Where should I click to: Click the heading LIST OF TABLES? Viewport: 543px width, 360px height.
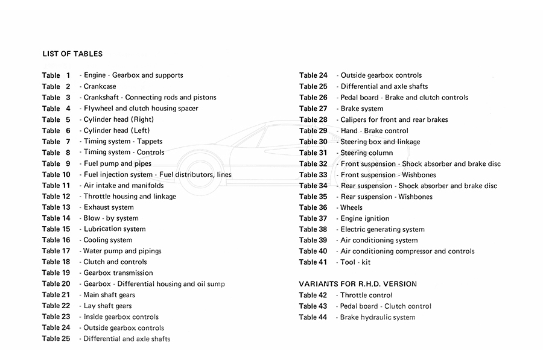72,54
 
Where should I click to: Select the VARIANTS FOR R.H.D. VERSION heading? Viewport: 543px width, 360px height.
358,283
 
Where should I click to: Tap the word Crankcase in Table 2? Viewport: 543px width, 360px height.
100,86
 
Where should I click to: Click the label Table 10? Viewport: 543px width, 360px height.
56,174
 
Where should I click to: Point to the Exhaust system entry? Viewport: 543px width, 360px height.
109,207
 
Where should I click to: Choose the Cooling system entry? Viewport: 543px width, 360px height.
108,240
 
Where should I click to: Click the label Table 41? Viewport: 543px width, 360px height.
313,262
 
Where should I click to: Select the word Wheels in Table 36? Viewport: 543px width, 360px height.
352,207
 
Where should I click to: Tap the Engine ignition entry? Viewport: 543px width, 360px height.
365,218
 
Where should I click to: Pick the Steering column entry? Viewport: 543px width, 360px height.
367,153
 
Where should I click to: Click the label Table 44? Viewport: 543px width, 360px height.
313,317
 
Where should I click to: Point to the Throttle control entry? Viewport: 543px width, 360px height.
366,295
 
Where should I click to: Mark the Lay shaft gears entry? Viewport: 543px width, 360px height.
107,306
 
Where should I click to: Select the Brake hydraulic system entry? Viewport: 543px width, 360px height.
378,317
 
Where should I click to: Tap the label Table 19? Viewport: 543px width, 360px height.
56,273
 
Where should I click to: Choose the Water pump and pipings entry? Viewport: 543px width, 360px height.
122,251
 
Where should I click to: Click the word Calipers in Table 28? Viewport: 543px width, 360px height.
355,119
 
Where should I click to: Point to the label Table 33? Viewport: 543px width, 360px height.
313,175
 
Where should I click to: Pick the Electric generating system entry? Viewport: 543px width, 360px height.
383,229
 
